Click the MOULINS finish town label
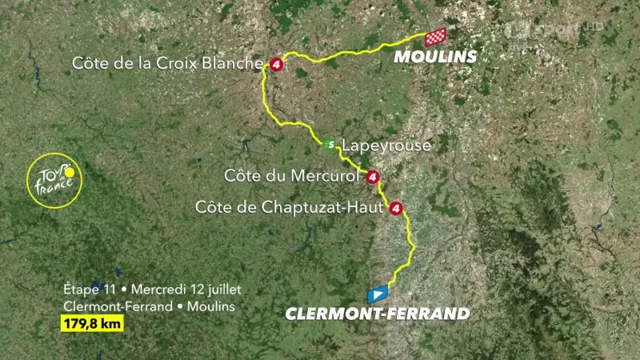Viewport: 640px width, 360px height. [434, 57]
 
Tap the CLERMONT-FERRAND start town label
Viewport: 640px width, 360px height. [378, 314]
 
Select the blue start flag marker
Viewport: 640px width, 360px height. [378, 293]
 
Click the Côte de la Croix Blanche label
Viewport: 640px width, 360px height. [167, 62]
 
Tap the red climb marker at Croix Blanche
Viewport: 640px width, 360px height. [276, 64]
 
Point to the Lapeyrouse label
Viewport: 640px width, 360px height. [386, 146]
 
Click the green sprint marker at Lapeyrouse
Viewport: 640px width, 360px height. [329, 145]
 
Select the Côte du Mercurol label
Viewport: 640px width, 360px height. [294, 175]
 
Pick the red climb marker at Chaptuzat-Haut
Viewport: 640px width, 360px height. [394, 210]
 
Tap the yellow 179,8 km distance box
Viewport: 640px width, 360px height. [90, 324]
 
